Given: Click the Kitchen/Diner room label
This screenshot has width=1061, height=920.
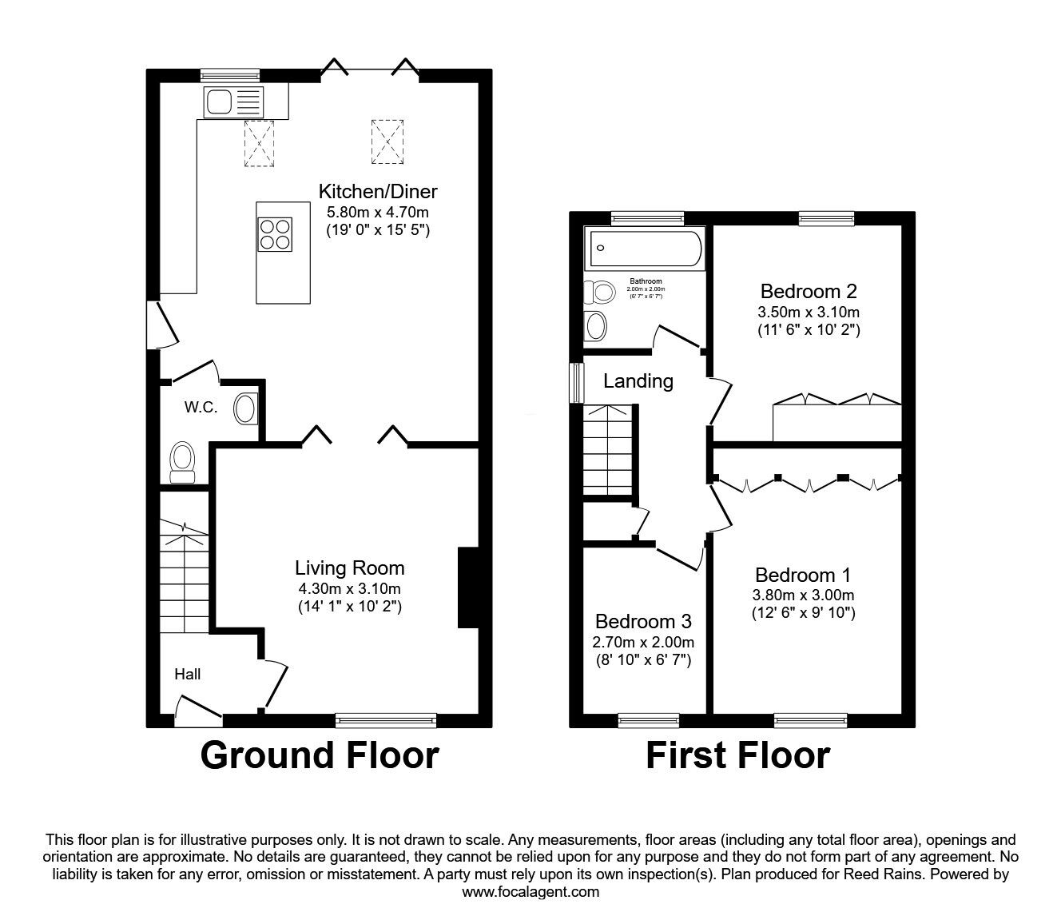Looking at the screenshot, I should tap(378, 191).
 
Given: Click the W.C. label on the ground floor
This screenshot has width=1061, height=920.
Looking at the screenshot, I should tap(201, 407).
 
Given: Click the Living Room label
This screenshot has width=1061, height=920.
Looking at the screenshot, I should tap(349, 568).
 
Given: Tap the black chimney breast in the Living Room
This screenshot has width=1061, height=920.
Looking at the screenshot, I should tap(467, 587).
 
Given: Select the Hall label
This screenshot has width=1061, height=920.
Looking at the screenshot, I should tap(188, 674).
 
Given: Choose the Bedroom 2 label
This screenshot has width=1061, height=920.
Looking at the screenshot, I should tap(809, 291).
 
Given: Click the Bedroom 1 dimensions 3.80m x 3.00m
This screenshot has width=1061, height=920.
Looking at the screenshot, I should tap(803, 595).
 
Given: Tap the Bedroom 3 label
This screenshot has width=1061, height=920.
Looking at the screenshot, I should tap(643, 621).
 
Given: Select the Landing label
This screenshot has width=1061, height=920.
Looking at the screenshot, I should tap(638, 381).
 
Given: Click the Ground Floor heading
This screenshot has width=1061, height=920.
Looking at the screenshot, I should tap(320, 755).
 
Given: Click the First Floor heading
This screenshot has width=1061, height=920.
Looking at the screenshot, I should tap(737, 755).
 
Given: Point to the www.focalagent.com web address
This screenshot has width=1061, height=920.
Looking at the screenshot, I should tap(530, 891).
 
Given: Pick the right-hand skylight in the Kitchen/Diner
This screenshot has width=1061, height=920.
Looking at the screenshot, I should tap(387, 141).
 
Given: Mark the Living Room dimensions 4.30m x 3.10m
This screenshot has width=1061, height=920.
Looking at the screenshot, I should tap(348, 589).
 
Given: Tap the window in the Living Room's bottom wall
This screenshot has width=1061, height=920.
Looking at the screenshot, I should tap(386, 719).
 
